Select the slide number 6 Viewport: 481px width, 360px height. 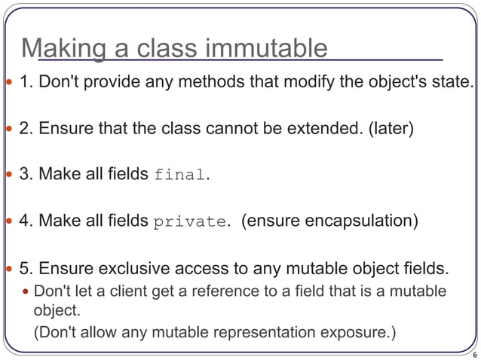pos(473,352)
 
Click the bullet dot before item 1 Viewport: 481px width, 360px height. pos(8,82)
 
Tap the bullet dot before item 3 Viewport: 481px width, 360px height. pos(8,175)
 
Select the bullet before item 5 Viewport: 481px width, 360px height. pos(8,269)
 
